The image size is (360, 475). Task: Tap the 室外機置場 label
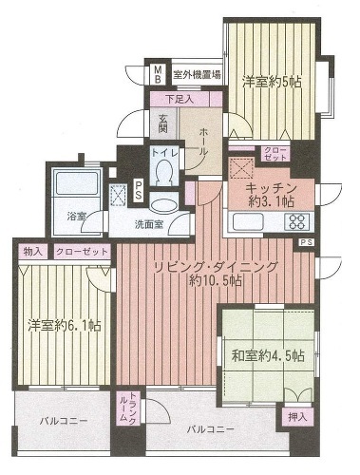[x=197, y=75]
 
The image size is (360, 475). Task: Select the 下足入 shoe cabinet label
[x=180, y=100]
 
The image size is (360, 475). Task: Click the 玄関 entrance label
[x=163, y=123]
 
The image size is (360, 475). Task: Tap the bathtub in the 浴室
[x=77, y=182]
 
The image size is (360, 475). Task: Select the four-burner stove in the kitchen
[x=296, y=221]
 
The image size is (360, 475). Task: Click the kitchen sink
[x=248, y=221]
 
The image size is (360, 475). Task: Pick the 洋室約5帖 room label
[x=272, y=83]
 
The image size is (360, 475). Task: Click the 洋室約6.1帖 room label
[x=65, y=325]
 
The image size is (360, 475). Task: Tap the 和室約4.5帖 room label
[x=268, y=355]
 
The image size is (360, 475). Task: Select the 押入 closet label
[x=297, y=417]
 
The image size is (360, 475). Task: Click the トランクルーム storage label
[x=128, y=408]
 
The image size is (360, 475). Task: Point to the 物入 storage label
[x=33, y=252]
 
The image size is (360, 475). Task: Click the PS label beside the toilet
[x=138, y=191]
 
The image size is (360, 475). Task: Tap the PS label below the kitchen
[x=306, y=242]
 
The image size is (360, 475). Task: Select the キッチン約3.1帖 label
[x=271, y=195]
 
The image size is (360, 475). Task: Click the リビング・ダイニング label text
[x=216, y=267]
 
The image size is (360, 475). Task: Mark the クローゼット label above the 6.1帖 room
[x=82, y=252]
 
